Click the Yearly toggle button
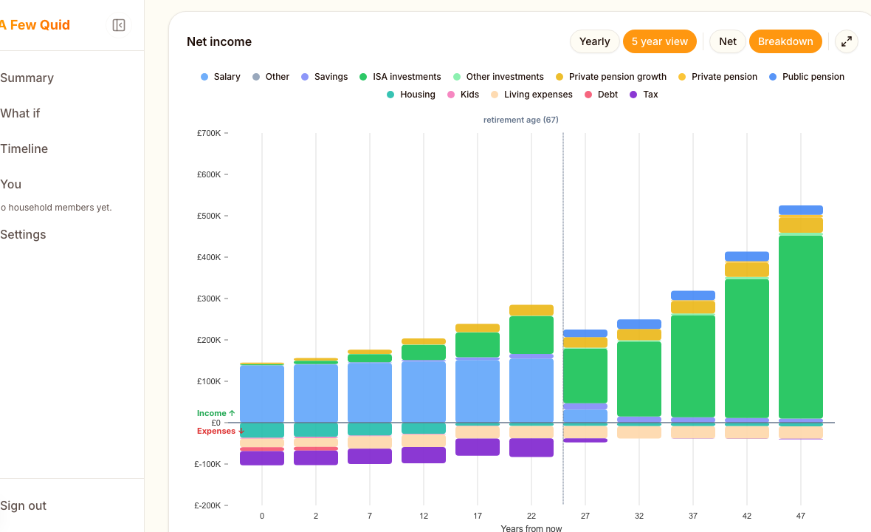point(594,41)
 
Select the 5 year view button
point(659,41)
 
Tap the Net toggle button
point(728,41)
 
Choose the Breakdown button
point(785,41)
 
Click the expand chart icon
point(847,41)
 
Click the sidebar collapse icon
point(119,25)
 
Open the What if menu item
point(21,113)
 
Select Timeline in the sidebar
point(24,149)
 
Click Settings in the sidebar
point(24,234)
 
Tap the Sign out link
point(24,505)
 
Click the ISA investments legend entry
point(406,77)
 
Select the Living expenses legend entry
point(537,95)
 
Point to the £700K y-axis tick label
point(209,133)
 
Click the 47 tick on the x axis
point(801,516)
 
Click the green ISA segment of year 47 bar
point(801,325)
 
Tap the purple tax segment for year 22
point(531,447)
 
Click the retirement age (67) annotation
point(521,120)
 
